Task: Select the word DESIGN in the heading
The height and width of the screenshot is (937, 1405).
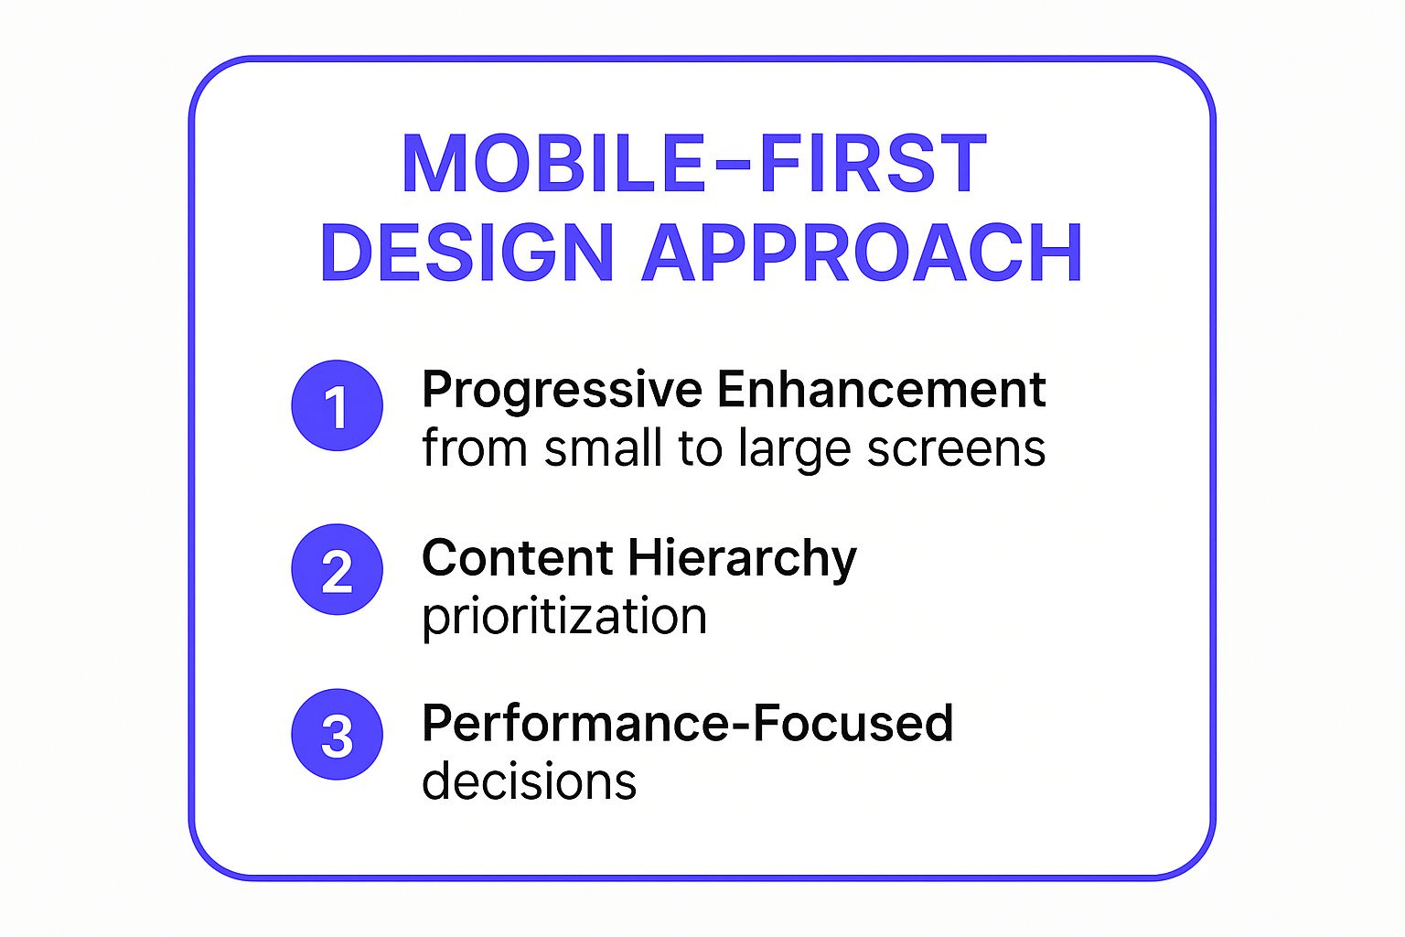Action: (x=467, y=253)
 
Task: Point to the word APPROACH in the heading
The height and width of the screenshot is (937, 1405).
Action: (x=862, y=253)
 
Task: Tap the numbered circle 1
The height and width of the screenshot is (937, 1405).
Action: (x=337, y=405)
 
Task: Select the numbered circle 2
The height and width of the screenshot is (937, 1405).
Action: (x=337, y=569)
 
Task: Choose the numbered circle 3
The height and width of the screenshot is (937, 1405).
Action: (x=337, y=734)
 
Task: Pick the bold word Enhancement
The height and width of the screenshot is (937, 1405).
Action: (x=881, y=390)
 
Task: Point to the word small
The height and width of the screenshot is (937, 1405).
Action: (x=603, y=449)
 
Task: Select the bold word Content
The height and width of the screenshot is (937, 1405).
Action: (x=517, y=557)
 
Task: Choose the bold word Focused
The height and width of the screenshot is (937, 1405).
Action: (x=853, y=723)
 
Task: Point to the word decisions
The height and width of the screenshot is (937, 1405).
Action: (x=529, y=782)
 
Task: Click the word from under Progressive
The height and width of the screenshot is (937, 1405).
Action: (x=474, y=449)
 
